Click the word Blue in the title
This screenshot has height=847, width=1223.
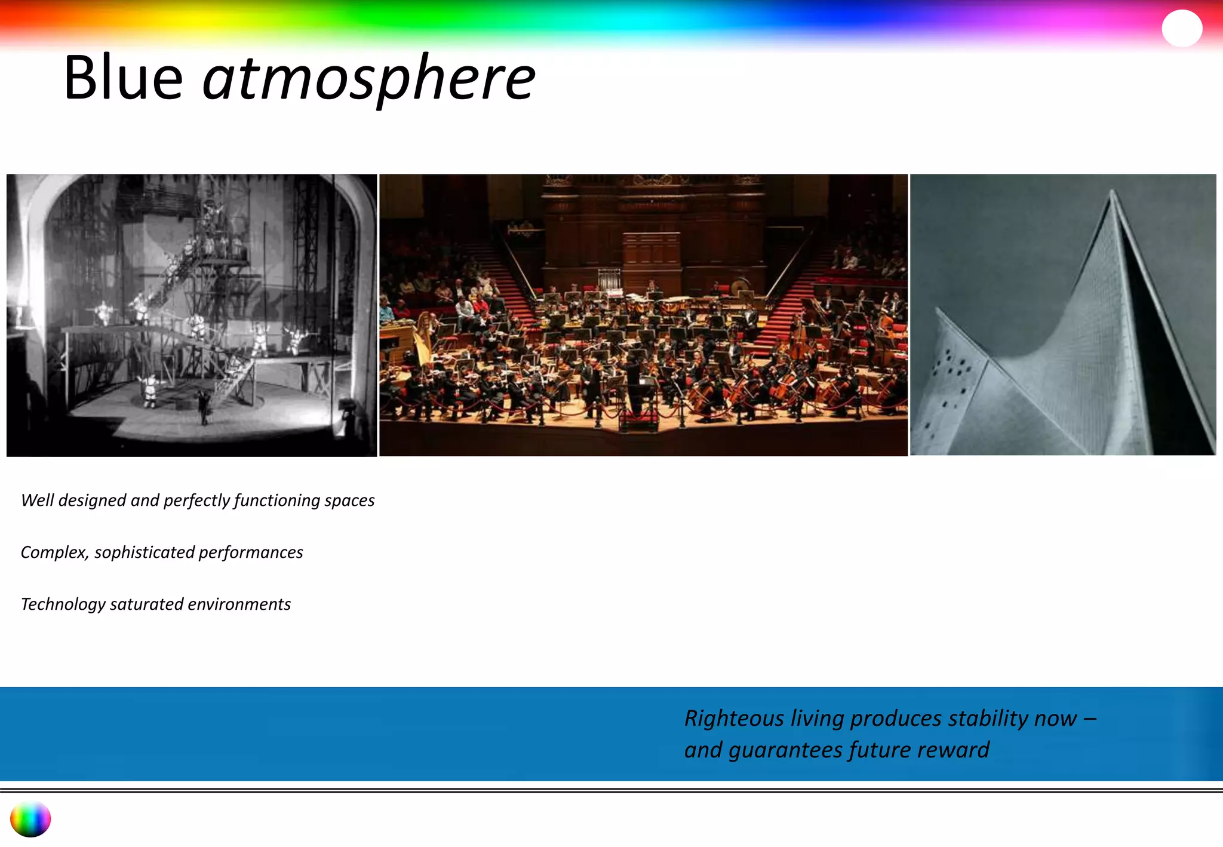pyautogui.click(x=123, y=78)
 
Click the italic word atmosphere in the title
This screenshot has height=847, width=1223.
pyautogui.click(x=368, y=79)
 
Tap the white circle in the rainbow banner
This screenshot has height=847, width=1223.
pyautogui.click(x=1182, y=28)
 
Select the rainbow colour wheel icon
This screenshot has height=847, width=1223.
pyautogui.click(x=30, y=819)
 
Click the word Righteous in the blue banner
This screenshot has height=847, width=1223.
pyautogui.click(x=734, y=719)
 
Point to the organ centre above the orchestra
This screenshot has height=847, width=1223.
pyautogui.click(x=652, y=251)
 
